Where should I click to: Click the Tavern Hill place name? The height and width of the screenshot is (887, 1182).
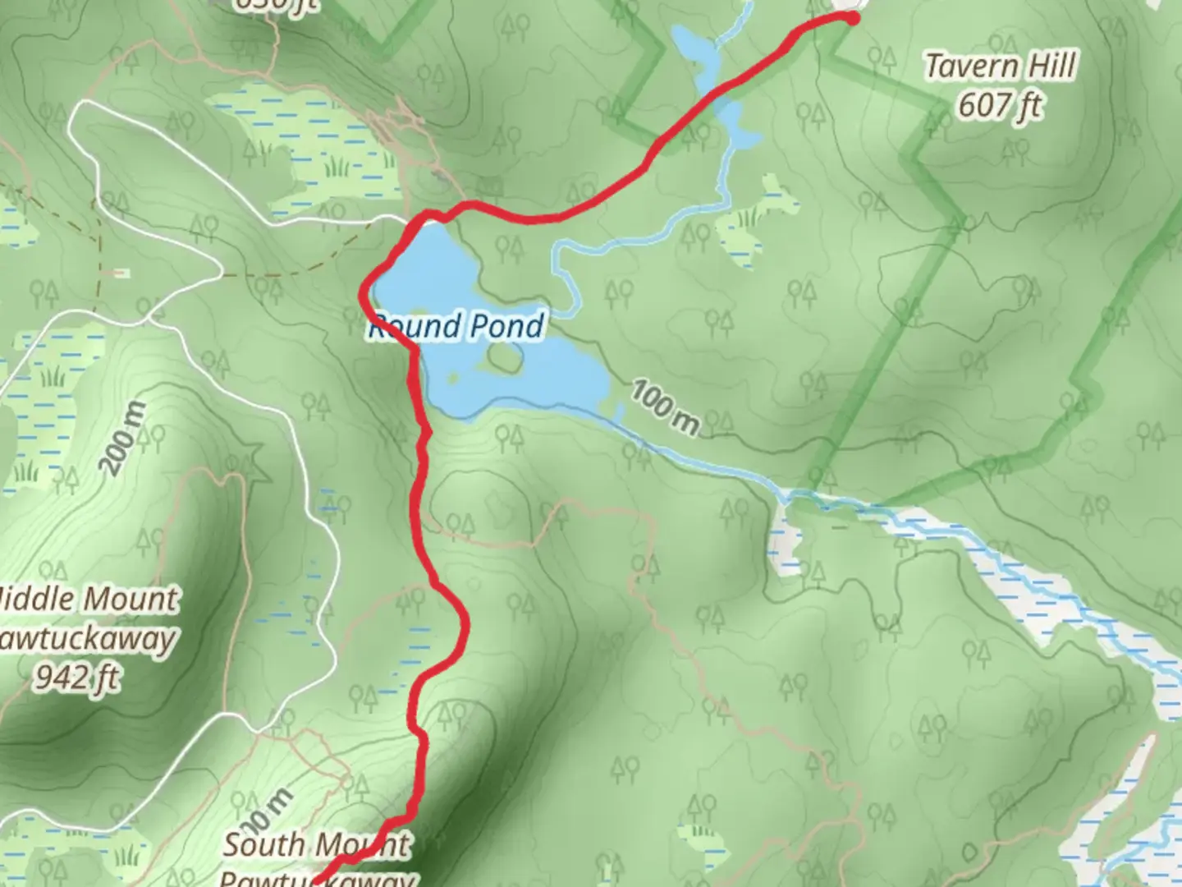coord(1000,67)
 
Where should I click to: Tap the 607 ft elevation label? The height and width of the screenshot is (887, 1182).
coord(1000,105)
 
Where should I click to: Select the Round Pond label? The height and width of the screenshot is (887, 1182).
coord(456,326)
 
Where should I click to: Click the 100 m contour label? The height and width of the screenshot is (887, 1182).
coord(665,407)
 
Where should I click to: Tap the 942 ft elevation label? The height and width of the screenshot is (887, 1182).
coord(77,678)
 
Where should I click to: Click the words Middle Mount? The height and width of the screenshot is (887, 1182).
coord(89,599)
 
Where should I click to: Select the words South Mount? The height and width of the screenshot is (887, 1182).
coord(317,843)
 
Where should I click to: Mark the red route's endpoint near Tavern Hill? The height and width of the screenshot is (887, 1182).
coord(851,17)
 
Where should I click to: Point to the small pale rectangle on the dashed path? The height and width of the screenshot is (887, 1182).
coord(121,272)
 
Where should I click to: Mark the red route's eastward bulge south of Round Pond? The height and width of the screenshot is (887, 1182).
coord(464,628)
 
